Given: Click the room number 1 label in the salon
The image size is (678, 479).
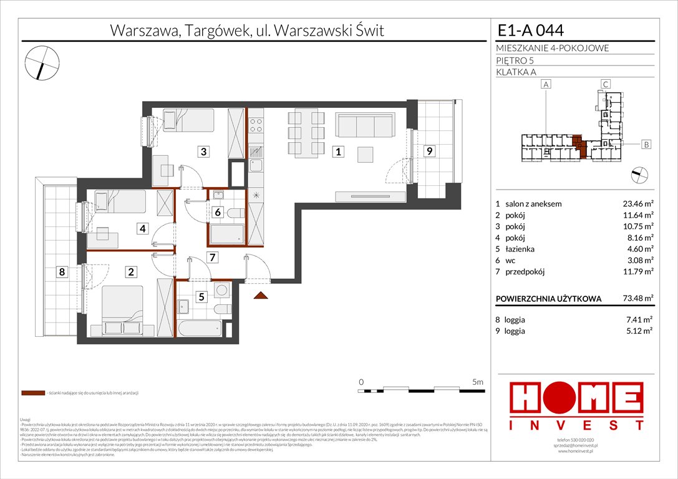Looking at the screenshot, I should [337, 151].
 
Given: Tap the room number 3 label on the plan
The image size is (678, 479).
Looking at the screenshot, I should [203, 151].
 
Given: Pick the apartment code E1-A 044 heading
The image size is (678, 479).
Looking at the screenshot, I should [531, 30].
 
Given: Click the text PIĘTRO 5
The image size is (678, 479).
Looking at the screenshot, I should [515, 60].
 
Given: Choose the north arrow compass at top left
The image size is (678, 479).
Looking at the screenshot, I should [42, 62].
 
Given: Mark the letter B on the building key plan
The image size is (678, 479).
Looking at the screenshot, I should [646, 145].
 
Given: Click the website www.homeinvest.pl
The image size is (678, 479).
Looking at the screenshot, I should [575, 451].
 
